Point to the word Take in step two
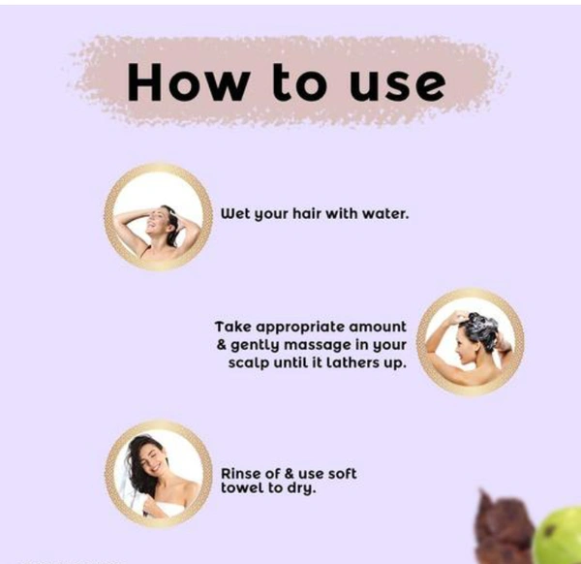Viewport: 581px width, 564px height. click(x=233, y=327)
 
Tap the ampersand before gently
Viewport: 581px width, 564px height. click(x=222, y=345)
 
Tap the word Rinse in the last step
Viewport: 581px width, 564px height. click(x=239, y=474)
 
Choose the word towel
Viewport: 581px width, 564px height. click(x=242, y=488)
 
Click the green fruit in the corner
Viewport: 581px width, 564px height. click(x=558, y=537)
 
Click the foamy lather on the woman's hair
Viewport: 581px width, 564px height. click(x=482, y=327)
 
